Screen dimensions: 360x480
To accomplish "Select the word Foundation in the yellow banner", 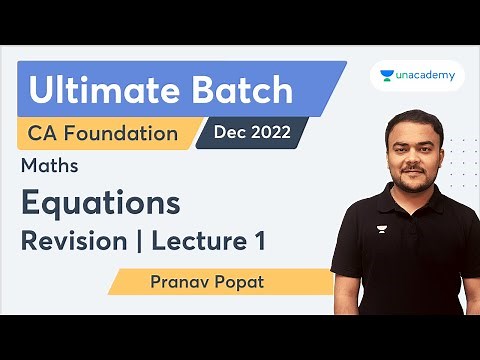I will (127, 133).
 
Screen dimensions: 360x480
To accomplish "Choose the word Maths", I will (51, 166).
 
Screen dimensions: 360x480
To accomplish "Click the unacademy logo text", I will (425, 74).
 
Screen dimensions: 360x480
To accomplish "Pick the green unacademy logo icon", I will (387, 74).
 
